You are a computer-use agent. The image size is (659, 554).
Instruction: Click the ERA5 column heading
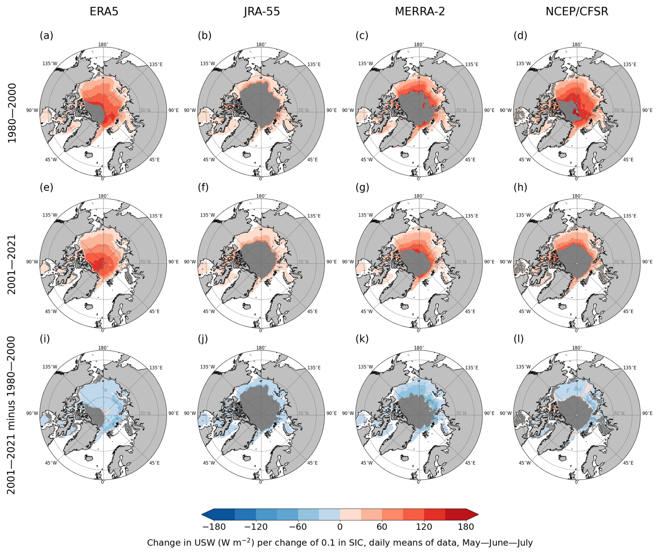[x=104, y=11]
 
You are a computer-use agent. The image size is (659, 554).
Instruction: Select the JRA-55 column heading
[x=262, y=11]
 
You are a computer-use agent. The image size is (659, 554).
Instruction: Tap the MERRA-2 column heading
[x=420, y=11]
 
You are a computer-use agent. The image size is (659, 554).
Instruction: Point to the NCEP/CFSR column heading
[x=577, y=11]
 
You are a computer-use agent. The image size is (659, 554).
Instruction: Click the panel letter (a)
[x=46, y=35]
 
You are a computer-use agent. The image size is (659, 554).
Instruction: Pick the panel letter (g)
[x=362, y=187]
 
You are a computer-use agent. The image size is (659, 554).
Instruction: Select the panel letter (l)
[x=519, y=339]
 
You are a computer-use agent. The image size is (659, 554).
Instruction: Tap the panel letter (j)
[x=203, y=339]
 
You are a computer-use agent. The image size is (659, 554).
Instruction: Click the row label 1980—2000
[x=12, y=113]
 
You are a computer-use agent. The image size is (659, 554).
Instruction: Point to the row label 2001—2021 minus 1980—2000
[x=11, y=415]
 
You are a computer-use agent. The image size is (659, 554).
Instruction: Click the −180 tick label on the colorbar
[x=214, y=527]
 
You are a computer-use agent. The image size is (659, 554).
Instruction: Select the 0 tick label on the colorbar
[x=340, y=527]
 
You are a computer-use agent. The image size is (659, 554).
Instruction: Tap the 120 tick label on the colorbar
[x=424, y=527]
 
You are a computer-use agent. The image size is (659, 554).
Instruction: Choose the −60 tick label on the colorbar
[x=298, y=527]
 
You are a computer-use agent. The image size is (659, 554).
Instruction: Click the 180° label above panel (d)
[x=577, y=45]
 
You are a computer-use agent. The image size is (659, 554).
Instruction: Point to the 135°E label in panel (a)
[x=156, y=64]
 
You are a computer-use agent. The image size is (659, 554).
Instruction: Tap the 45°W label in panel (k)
[x=366, y=463]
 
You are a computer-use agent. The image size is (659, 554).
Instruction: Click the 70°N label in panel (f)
[x=303, y=262]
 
